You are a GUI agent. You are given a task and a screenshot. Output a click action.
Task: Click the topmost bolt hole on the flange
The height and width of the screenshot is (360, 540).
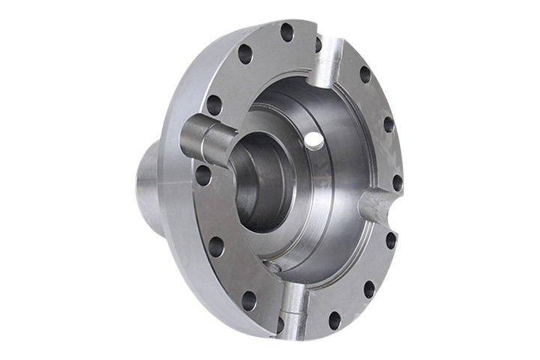tap(287, 32)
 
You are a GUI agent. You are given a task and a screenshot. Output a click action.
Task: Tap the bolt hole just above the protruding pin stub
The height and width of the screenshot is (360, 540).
tap(213, 105)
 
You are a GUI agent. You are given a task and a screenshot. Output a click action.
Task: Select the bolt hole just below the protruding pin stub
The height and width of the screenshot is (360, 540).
tap(203, 175)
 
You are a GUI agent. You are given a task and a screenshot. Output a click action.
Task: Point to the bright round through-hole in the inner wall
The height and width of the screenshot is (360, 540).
tap(314, 140)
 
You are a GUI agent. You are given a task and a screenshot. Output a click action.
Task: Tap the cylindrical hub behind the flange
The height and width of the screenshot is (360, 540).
tap(150, 187)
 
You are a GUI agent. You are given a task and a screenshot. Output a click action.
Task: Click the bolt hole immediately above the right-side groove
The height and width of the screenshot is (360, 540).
tap(397, 182)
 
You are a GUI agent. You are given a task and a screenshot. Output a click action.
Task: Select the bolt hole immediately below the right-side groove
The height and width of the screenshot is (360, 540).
tap(390, 240)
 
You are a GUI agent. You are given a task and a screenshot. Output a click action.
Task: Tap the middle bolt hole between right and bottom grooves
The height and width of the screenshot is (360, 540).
tap(369, 289)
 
